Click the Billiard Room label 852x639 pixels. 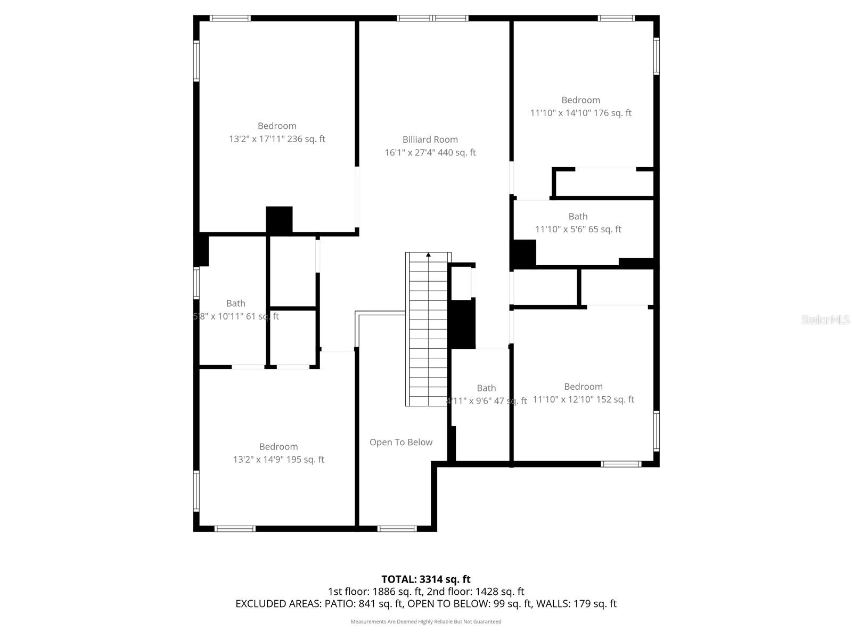[430, 140]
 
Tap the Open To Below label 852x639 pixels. [401, 442]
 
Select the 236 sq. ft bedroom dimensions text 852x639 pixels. [277, 139]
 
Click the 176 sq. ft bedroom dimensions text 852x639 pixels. [580, 113]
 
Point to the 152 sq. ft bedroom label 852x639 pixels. [583, 387]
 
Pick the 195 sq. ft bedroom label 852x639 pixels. [278, 447]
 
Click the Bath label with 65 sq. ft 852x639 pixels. [578, 216]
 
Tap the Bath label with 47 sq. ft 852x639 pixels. [486, 388]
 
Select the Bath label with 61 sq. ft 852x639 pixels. [235, 303]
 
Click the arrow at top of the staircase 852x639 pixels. [429, 255]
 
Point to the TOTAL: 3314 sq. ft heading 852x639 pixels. [425, 579]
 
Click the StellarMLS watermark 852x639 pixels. [825, 319]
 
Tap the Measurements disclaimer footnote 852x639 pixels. [425, 621]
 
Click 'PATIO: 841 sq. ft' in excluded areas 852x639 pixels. [362, 604]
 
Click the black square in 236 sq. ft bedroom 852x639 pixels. [279, 219]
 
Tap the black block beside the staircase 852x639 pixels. [462, 324]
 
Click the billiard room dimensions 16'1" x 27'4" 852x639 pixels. [430, 153]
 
